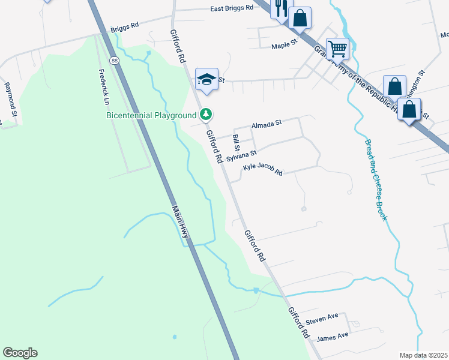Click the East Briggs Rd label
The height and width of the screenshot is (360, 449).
[232, 9]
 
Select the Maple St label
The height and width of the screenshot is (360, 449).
[285, 46]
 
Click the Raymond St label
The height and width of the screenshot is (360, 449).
[10, 96]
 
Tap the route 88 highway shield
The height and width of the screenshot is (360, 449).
[113, 60]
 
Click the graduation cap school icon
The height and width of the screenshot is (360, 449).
[206, 80]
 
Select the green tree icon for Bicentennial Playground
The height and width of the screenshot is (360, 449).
[206, 113]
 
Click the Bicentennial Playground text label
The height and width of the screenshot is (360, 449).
[151, 115]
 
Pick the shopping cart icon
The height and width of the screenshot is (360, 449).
[337, 47]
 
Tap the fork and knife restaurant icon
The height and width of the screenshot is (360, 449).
[280, 8]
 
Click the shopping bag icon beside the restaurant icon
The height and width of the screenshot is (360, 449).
[300, 18]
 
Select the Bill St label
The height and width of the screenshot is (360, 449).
[237, 143]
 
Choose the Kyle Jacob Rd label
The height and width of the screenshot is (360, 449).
[262, 170]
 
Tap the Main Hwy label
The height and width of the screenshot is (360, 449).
[181, 223]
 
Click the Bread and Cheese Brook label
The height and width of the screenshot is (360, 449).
[375, 180]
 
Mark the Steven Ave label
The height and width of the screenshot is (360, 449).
[322, 316]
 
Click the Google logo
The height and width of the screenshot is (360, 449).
[20, 353]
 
